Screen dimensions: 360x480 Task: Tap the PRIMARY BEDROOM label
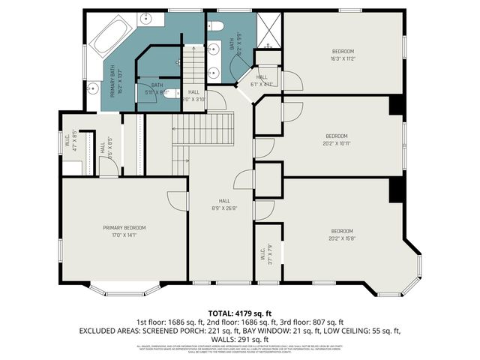click(124, 227)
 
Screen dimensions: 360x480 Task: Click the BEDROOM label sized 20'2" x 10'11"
click(337, 136)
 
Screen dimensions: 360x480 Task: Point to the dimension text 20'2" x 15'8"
click(341, 238)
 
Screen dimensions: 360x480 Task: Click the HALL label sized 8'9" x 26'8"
click(224, 200)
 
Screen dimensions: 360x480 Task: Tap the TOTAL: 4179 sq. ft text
click(240, 312)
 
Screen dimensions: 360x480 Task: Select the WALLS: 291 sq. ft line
click(240, 338)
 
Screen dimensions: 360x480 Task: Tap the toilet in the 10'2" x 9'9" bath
click(215, 26)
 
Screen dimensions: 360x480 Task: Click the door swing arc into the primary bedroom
click(174, 199)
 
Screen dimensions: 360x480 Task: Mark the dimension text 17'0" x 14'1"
click(124, 235)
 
